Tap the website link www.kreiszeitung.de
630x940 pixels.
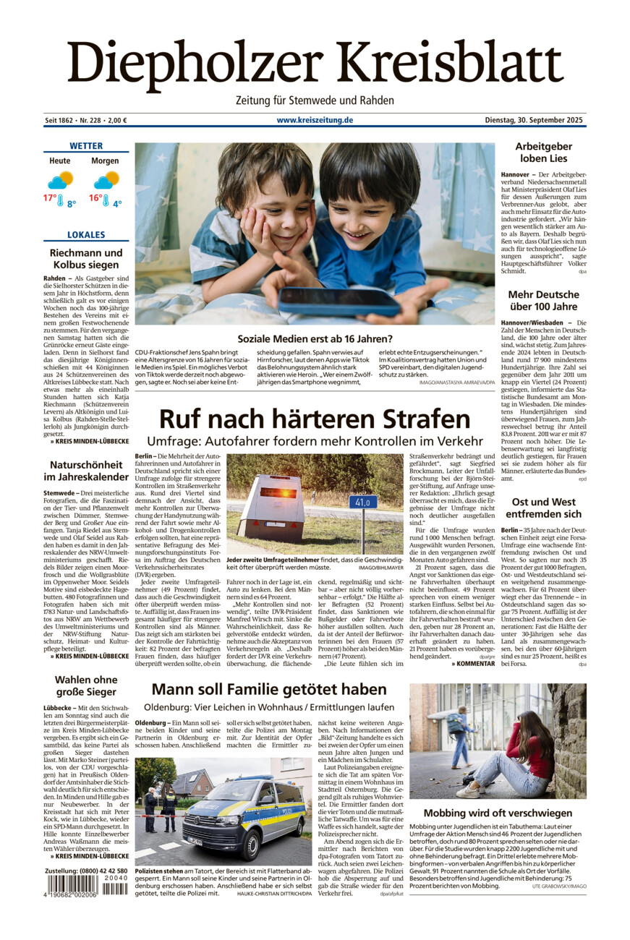314,120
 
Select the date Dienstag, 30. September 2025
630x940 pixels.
534,120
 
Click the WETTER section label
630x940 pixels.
86,146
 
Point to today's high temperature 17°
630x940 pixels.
50,197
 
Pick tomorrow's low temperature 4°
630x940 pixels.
116,203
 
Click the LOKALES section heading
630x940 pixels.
86,235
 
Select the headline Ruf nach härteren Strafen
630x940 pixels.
315,419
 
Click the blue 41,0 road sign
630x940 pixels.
363,502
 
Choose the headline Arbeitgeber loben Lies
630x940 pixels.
543,153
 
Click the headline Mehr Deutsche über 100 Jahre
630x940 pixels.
543,301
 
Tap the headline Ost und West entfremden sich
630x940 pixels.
543,508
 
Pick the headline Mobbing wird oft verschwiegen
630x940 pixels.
498,813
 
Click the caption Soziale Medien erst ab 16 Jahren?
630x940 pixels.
315,338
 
